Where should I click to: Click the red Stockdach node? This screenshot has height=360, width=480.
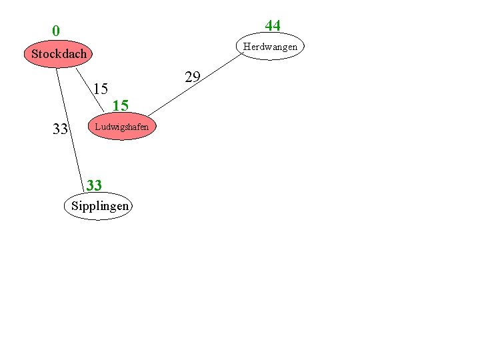tap(59, 53)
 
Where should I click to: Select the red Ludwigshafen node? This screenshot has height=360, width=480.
tap(121, 127)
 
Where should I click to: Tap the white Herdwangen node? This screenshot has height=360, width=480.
tap(270, 47)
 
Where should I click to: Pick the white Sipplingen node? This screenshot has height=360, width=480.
tap(99, 206)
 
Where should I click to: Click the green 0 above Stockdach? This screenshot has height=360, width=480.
tap(56, 31)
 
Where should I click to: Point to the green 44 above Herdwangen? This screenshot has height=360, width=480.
tap(272, 26)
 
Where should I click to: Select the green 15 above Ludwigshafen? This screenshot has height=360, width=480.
tap(120, 105)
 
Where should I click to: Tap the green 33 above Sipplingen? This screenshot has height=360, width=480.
tap(94, 185)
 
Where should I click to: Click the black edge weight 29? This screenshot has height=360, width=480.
tap(193, 77)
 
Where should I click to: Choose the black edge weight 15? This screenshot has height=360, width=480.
tap(101, 89)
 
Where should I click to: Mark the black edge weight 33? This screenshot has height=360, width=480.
tap(60, 129)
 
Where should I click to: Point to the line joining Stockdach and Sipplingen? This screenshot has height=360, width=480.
tap(70, 127)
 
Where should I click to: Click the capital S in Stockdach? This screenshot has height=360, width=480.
tap(35, 53)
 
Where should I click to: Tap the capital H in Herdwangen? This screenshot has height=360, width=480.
tap(247, 47)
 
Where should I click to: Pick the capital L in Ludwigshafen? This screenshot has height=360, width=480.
tap(97, 127)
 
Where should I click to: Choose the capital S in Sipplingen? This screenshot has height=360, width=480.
tap(74, 206)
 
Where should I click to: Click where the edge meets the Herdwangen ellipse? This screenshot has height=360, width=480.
tap(244, 54)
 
